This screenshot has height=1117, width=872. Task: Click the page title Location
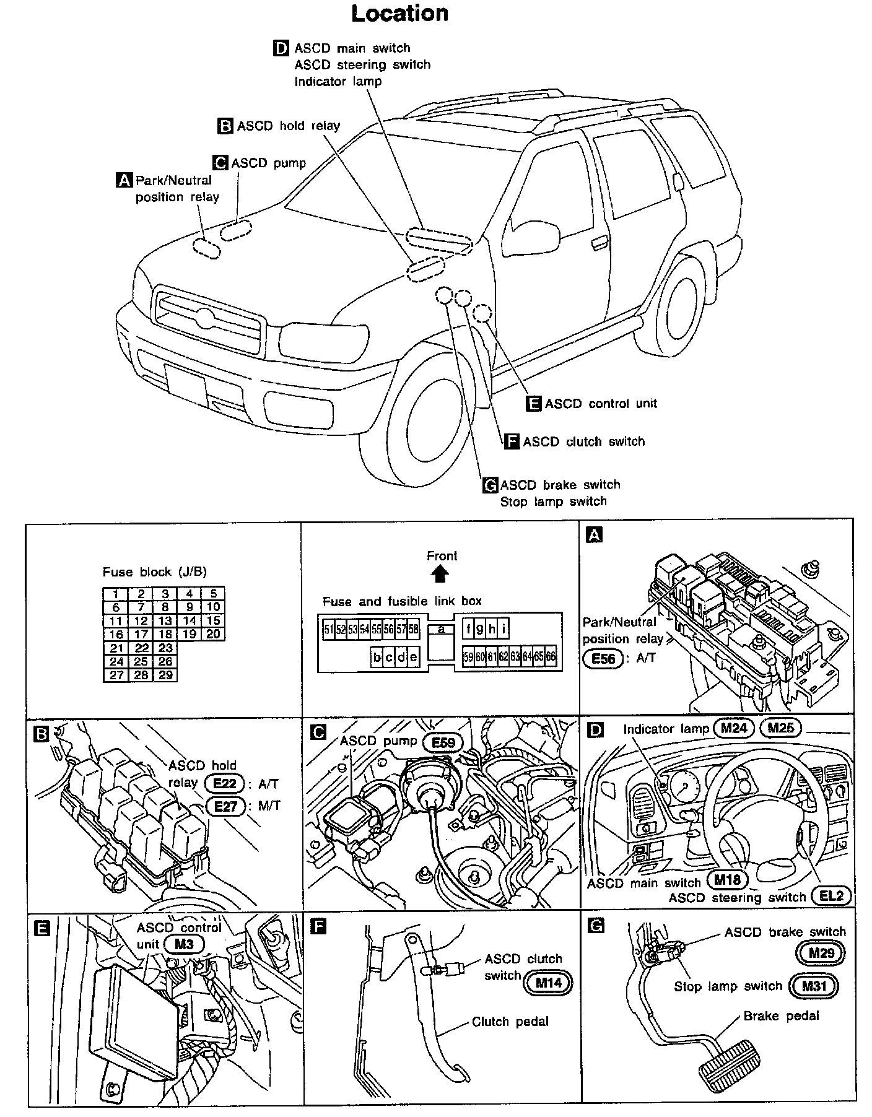tap(399, 14)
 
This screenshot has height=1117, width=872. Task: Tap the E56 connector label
tap(603, 658)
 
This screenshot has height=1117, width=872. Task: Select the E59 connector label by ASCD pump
tap(443, 742)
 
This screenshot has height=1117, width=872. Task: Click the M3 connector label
tap(184, 944)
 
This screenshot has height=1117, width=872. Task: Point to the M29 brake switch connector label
tap(821, 953)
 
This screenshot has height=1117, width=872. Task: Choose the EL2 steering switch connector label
tap(831, 896)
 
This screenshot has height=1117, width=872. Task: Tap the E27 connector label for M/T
tap(225, 806)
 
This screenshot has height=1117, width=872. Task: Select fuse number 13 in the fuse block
tap(165, 620)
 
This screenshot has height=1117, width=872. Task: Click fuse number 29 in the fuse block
tap(165, 675)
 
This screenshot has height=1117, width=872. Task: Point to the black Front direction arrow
tap(440, 575)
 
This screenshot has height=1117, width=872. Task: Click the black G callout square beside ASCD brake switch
tap(490, 485)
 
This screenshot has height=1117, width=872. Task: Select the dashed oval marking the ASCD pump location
tap(236, 230)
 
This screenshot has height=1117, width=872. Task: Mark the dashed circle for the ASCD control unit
tap(482, 313)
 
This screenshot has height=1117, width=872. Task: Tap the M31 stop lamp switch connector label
tap(813, 986)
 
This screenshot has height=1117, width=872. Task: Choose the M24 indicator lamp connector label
tap(733, 728)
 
